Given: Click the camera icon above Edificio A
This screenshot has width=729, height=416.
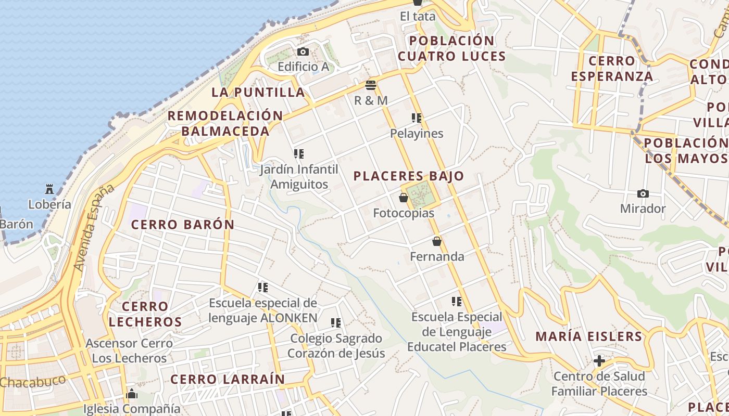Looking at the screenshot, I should [303, 51].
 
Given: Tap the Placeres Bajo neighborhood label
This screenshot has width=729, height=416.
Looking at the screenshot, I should [408, 176].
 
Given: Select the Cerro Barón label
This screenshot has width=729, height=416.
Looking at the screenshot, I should [182, 225].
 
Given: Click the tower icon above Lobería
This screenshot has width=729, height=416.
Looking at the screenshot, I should [49, 189].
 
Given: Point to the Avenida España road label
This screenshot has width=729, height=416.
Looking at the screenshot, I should [94, 227].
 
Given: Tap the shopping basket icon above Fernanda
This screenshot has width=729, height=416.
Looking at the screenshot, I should [436, 241].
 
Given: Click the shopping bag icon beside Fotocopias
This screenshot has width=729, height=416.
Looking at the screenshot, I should [404, 198].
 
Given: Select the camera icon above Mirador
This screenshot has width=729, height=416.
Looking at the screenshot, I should [643, 193].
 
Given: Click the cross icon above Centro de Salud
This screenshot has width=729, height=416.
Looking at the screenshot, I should [599, 360].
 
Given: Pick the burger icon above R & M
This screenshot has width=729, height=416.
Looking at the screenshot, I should [371, 85].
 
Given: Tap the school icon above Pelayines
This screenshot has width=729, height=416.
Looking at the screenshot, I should [417, 118].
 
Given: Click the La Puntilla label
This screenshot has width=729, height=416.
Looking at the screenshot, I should [258, 92].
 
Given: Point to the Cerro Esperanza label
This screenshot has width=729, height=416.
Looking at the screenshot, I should [611, 69].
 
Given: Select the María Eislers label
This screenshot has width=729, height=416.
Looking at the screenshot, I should [589, 336].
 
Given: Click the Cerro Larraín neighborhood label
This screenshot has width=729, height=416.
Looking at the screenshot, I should [228, 379].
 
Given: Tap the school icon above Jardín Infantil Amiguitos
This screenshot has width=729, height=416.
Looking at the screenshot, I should [299, 154].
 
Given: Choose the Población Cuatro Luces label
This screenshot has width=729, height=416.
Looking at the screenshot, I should [452, 48].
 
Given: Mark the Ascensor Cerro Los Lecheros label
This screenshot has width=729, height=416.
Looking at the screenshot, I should [129, 350].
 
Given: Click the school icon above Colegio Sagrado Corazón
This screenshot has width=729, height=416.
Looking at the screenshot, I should [336, 323].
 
